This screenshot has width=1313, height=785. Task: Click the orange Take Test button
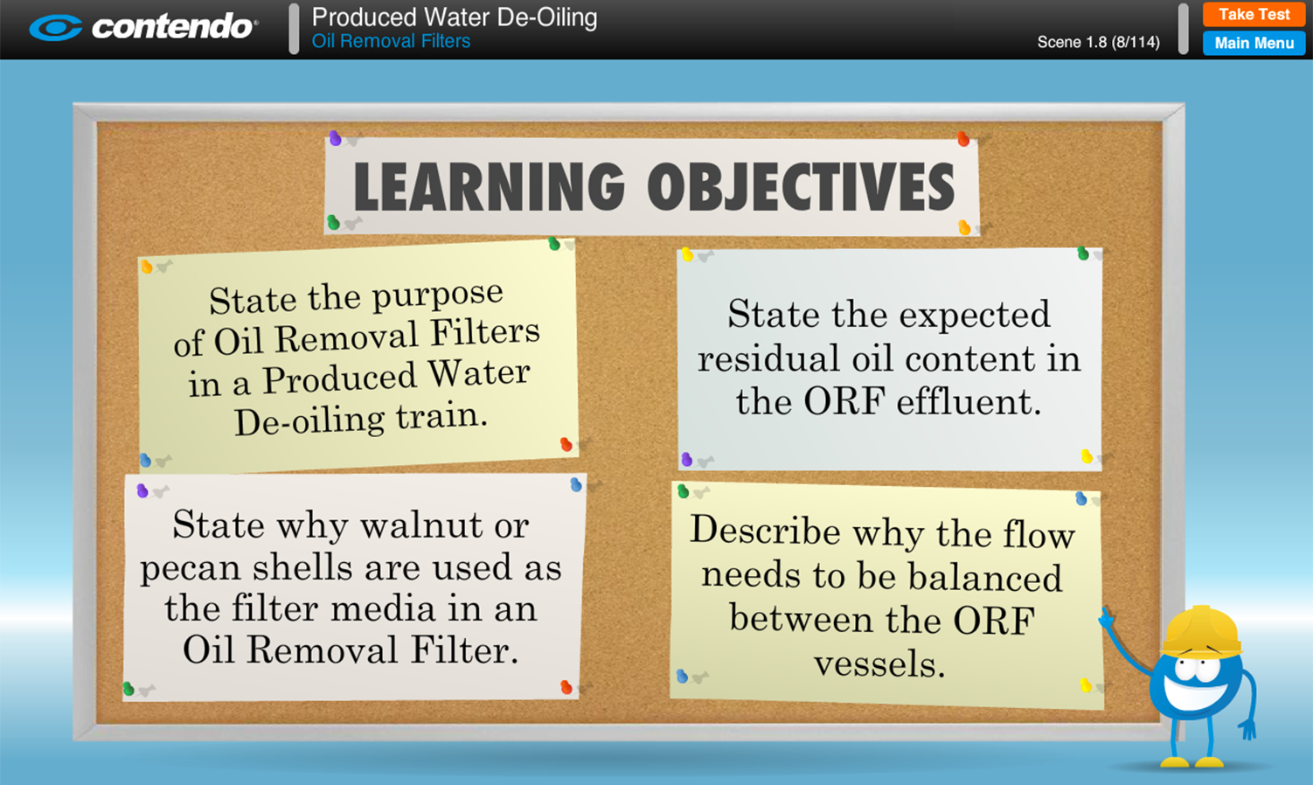coord(1254,15)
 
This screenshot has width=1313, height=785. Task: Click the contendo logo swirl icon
coord(56,28)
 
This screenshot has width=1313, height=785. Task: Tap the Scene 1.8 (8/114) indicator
coord(1099,42)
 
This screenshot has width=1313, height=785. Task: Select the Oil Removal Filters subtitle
coord(391,41)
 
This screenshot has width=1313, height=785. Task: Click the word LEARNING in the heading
coord(490,186)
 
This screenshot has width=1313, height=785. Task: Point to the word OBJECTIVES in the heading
coord(802,186)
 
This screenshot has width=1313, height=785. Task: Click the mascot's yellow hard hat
coord(1202,632)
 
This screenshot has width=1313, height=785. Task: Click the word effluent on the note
coord(969,402)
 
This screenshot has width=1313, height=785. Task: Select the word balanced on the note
coord(985,578)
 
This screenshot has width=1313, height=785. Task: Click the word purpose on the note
coord(438,295)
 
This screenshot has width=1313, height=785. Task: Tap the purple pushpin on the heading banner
coord(336,138)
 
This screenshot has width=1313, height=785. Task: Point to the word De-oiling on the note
coord(309,421)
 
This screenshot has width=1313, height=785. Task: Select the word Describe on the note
coord(765,531)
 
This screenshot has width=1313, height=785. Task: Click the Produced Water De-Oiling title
coord(455,17)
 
